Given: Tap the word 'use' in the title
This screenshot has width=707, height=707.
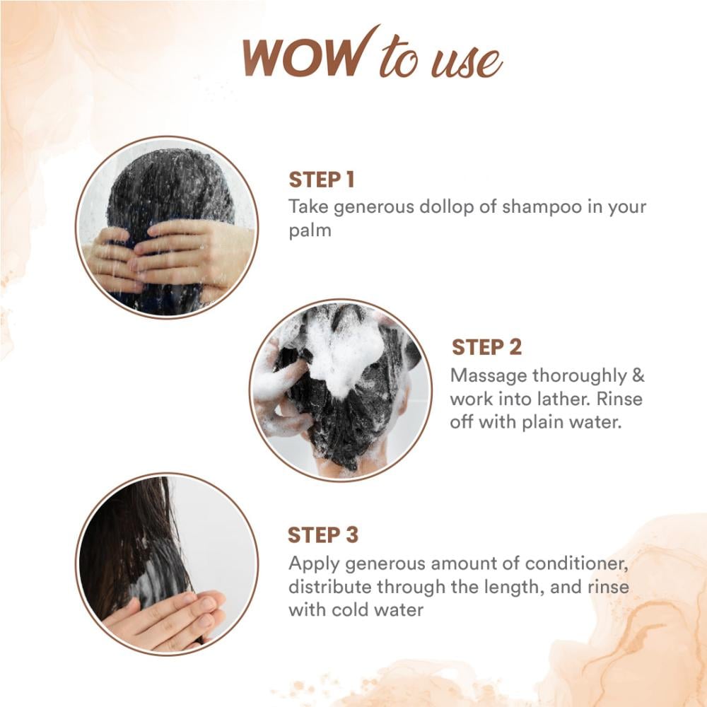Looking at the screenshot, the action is tap(467, 63).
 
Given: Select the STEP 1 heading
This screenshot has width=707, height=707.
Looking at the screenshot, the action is tap(322, 180).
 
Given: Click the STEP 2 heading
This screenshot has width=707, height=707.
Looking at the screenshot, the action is tap(486, 347).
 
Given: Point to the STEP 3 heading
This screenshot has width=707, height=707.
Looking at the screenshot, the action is tap(323, 535).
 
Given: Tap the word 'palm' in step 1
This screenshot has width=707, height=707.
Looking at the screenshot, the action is tap(310, 231).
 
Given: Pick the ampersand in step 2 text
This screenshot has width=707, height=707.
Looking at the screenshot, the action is tap(638, 375).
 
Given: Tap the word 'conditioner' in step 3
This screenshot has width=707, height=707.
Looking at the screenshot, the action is tap(576, 563).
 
